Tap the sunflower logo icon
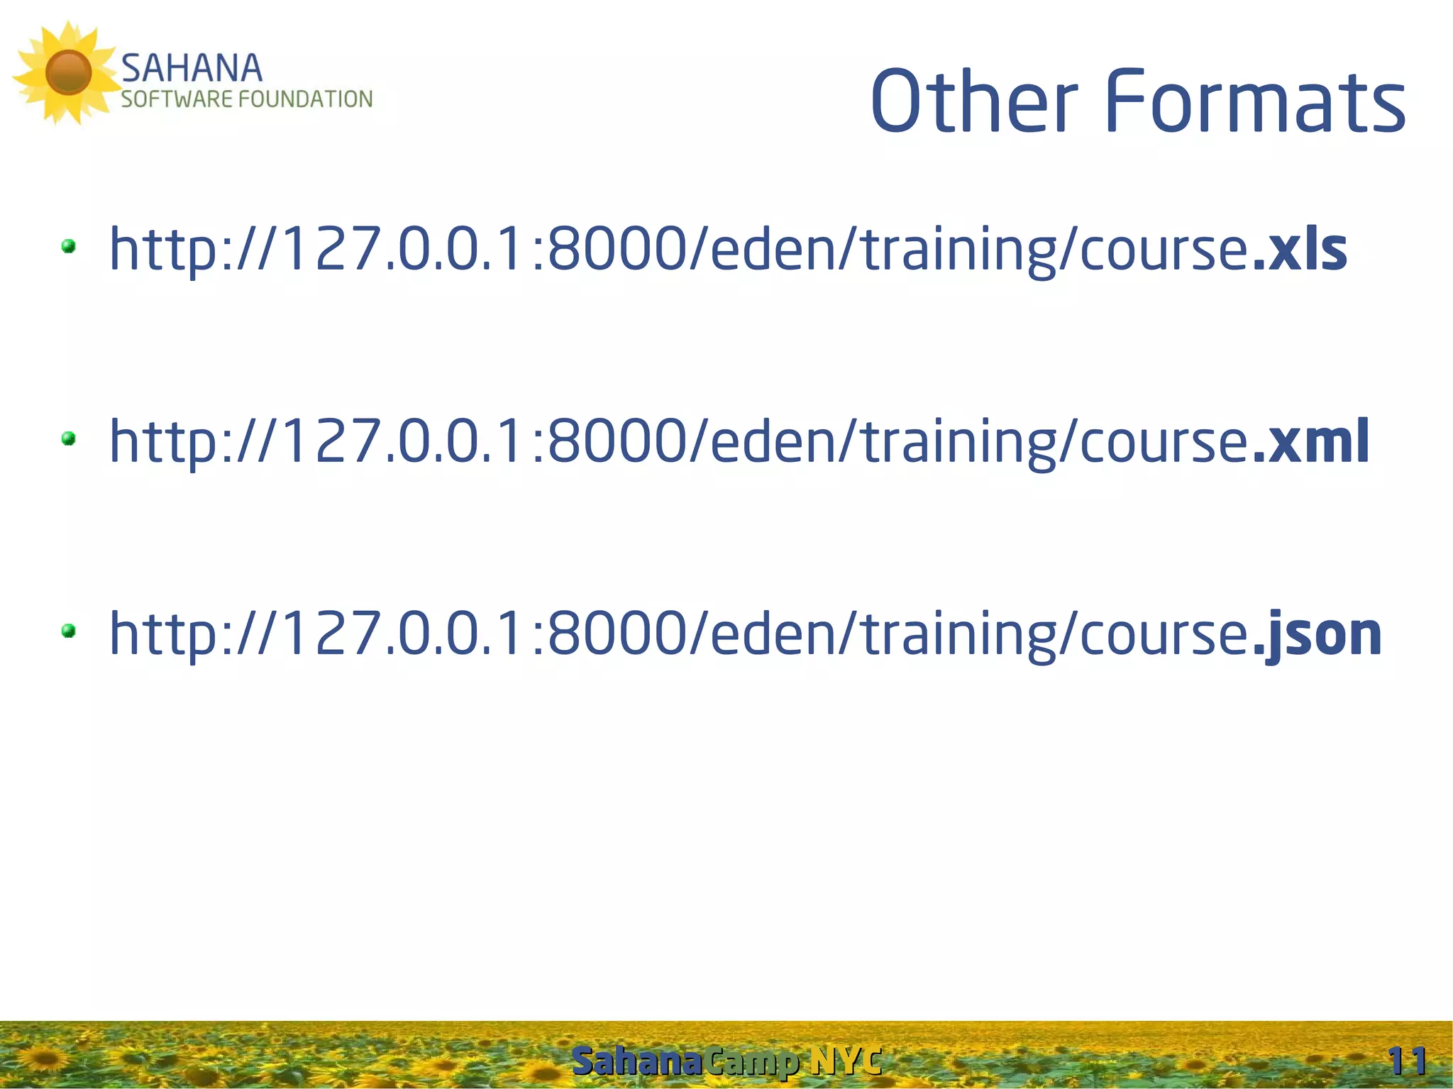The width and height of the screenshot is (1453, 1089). [x=67, y=72]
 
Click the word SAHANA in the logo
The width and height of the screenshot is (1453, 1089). [x=192, y=69]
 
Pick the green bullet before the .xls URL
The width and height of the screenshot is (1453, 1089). [x=69, y=246]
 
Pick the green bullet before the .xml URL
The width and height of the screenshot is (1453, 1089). [x=69, y=438]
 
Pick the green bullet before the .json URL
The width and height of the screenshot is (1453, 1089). [x=69, y=631]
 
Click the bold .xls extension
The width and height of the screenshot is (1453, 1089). [x=1300, y=250]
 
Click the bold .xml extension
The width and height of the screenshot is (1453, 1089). [x=1311, y=442]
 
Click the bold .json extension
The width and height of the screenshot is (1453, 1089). [x=1317, y=634]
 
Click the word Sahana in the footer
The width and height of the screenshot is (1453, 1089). [x=637, y=1061]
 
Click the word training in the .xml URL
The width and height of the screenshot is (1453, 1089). [x=958, y=442]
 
